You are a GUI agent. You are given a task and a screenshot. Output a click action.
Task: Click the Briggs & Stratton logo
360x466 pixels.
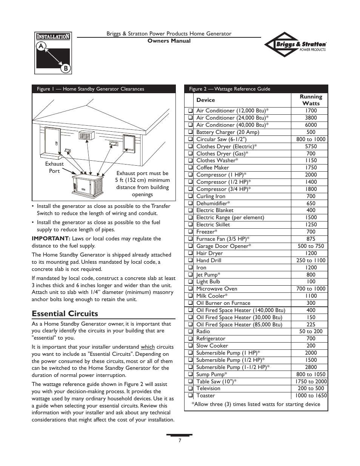(x=295, y=45)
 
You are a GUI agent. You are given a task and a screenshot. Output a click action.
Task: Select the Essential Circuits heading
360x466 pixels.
(x=65, y=314)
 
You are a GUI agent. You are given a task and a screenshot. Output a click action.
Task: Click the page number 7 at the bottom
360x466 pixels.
(x=180, y=440)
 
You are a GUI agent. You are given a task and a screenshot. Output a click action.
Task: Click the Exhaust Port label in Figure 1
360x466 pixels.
(x=54, y=167)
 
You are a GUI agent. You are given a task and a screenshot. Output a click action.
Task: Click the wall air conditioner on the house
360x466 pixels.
(x=86, y=135)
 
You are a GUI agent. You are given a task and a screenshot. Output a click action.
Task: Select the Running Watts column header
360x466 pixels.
(x=311, y=100)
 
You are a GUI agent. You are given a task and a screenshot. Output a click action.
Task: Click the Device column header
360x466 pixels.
(x=206, y=100)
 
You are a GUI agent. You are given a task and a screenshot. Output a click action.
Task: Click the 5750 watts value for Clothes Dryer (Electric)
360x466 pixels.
(x=311, y=146)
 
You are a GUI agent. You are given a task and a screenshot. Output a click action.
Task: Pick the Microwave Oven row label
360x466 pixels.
(x=217, y=289)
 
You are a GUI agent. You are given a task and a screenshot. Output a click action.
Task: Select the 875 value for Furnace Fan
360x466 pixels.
(x=311, y=239)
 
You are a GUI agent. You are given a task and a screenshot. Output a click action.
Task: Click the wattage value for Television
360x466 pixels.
(x=311, y=388)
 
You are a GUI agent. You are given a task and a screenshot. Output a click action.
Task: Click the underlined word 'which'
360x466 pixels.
(x=148, y=347)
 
